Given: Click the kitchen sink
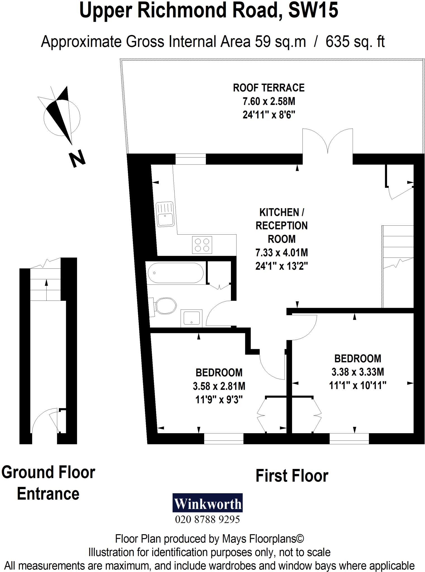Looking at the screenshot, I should pyautogui.click(x=165, y=214).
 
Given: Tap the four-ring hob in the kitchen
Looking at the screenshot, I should pyautogui.click(x=202, y=245).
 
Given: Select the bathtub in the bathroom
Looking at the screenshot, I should pyautogui.click(x=175, y=273).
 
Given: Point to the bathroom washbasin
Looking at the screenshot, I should pyautogui.click(x=191, y=318).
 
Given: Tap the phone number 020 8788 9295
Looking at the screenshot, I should pyautogui.click(x=207, y=519).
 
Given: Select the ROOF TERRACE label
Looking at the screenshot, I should pyautogui.click(x=269, y=88).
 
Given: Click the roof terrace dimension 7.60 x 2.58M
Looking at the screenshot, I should pyautogui.click(x=269, y=101).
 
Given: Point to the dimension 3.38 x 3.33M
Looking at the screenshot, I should pyautogui.click(x=357, y=372).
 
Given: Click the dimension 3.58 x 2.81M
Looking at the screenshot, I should pyautogui.click(x=219, y=386).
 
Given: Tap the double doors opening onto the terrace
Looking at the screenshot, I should pyautogui.click(x=328, y=142).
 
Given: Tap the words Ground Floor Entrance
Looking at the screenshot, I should pyautogui.click(x=48, y=483).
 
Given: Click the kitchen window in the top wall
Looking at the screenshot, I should pyautogui.click(x=191, y=159).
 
